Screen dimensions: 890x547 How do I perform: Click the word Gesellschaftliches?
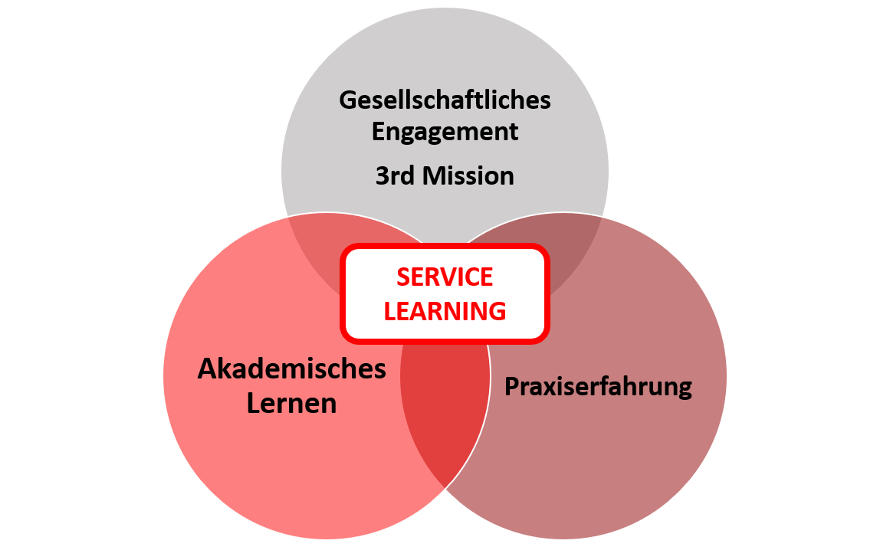(x=445, y=100)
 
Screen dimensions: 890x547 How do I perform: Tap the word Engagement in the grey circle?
(x=445, y=133)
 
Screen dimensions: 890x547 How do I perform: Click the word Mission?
(x=468, y=176)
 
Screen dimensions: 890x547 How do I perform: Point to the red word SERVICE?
(x=445, y=277)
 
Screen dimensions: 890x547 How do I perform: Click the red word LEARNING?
(x=445, y=311)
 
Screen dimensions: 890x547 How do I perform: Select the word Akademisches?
(x=292, y=368)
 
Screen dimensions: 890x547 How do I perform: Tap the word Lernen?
(x=292, y=404)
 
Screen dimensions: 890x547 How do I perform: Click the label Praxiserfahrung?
(x=598, y=387)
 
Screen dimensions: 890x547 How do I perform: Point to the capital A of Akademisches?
(x=208, y=368)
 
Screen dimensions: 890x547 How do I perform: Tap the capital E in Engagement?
(x=379, y=132)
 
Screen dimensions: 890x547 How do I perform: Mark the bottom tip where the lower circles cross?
(x=445, y=488)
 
